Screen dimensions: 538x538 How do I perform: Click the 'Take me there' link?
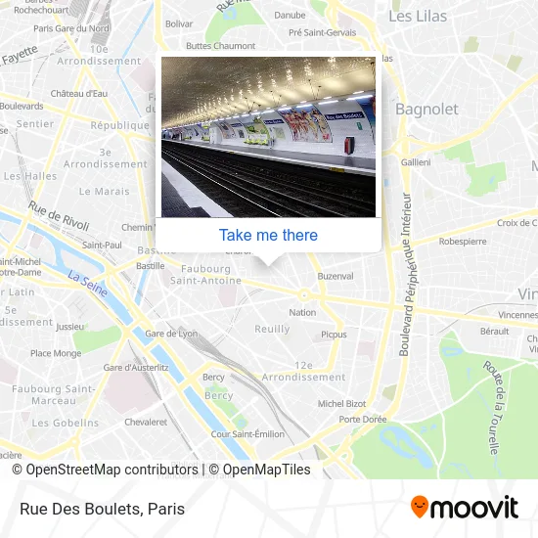tap(268, 235)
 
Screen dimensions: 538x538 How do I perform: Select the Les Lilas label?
tap(419, 17)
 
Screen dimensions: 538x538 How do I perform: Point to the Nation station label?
tap(302, 312)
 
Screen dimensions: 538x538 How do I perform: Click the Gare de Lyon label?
tap(170, 334)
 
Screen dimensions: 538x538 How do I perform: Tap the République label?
tap(118, 125)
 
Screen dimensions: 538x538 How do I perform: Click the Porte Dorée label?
tap(363, 420)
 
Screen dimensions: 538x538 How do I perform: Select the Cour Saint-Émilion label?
tap(247, 433)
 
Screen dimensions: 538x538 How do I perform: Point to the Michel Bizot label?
tap(341, 403)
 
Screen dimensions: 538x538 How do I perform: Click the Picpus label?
tap(334, 334)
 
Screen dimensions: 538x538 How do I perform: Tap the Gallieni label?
tap(416, 161)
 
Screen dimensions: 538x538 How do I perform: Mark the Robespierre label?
tap(464, 240)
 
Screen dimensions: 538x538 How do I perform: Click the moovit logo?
tap(464, 507)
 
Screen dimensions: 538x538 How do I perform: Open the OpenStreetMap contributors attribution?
tap(111, 470)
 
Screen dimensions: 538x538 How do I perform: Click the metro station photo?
tap(268, 137)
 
